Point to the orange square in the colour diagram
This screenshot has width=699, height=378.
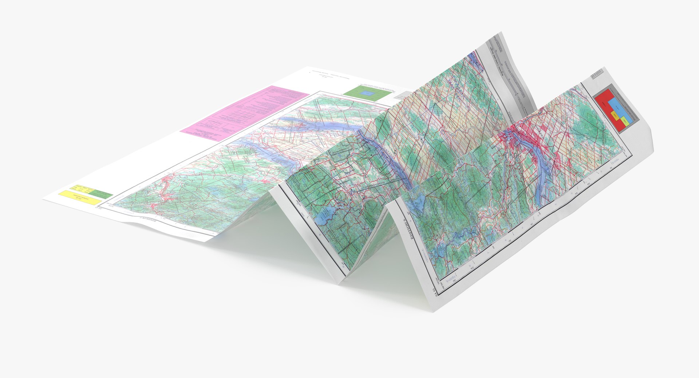pos(615,116)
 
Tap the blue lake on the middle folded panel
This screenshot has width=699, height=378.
pos(324,218)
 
